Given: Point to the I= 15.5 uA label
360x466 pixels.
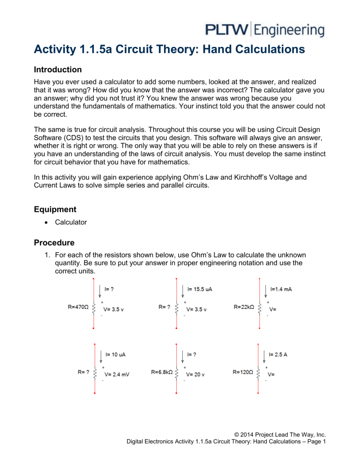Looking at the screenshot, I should click(x=200, y=289).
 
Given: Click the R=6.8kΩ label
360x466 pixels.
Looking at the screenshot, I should click(x=163, y=372).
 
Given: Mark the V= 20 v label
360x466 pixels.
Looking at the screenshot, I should click(x=197, y=374).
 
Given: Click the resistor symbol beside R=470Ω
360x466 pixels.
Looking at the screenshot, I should click(x=95, y=308).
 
